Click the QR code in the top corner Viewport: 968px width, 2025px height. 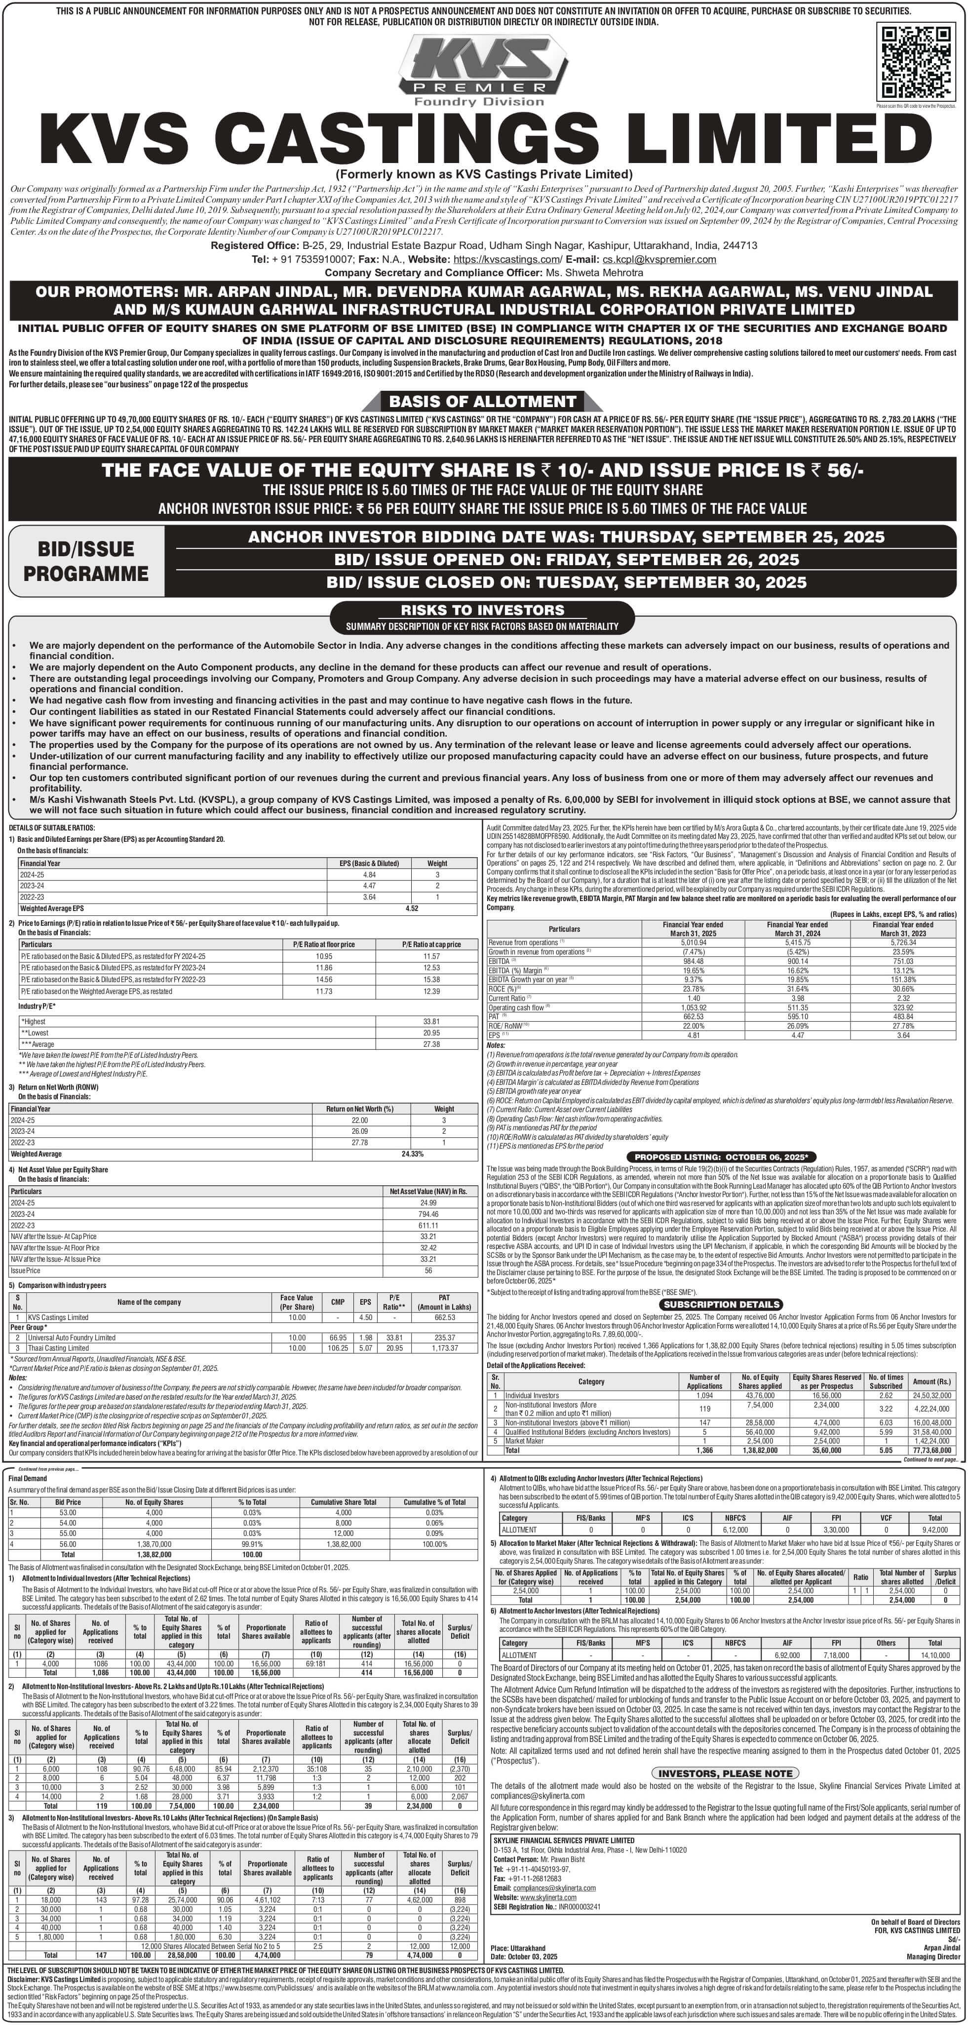(x=916, y=63)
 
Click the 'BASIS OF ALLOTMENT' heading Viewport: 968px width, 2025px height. (x=482, y=402)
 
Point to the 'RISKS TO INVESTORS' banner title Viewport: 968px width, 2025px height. (x=482, y=610)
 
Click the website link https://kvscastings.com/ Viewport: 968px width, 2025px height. (x=507, y=259)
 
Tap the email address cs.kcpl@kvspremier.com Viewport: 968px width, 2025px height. (x=658, y=259)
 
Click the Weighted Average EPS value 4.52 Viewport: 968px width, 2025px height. (x=412, y=908)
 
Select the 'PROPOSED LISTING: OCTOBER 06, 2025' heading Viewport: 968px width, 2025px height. (x=721, y=1157)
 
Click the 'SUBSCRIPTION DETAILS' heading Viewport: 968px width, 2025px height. (x=721, y=1304)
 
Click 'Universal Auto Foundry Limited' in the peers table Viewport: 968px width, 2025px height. (x=72, y=1337)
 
